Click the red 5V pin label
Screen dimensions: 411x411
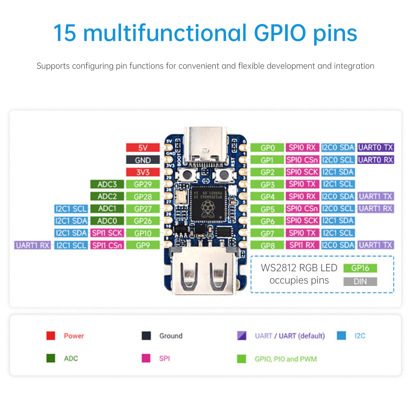tap(143, 148)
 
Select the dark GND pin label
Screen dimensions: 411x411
tap(143, 160)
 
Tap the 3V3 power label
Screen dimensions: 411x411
tap(143, 172)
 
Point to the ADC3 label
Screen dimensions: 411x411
tap(107, 184)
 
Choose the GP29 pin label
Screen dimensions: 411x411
tap(143, 184)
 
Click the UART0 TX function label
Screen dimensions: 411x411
tap(376, 147)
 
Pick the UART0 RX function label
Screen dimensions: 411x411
tap(376, 160)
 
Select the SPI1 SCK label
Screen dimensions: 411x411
tap(107, 233)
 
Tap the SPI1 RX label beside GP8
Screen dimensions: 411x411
tap(302, 245)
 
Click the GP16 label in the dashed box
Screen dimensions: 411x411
tap(360, 268)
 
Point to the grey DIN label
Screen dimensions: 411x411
tap(360, 282)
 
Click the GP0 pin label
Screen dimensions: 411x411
tap(267, 148)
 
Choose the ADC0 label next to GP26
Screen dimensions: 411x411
tap(107, 221)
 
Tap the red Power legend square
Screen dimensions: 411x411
tap(51, 336)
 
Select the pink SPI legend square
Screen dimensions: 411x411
tap(146, 358)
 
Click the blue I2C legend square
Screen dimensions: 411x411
tap(341, 335)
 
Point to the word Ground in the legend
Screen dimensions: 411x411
tap(171, 336)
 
